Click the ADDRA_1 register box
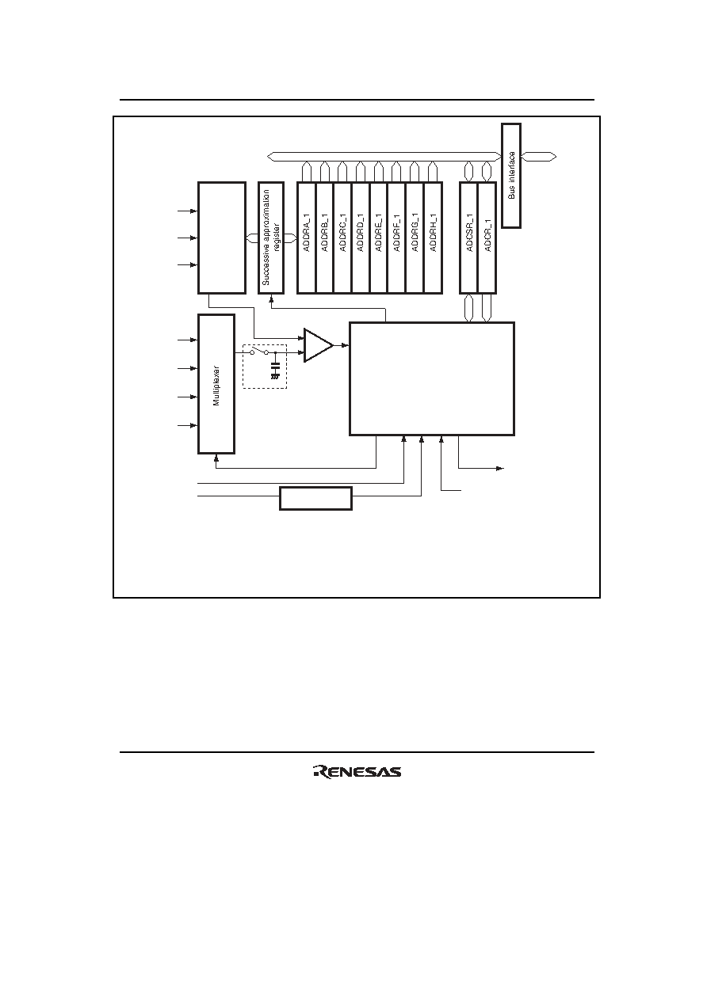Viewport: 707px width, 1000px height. pos(307,238)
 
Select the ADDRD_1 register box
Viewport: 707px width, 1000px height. pos(361,238)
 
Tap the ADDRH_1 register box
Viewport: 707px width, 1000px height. pos(433,238)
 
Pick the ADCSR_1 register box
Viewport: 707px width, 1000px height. pos(469,238)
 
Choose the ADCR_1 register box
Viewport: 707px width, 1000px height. pos(487,238)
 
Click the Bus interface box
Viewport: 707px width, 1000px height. pos(511,176)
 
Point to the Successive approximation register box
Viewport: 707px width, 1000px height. pos(271,238)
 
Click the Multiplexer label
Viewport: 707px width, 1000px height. pos(216,386)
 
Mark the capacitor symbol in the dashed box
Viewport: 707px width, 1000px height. pos(275,371)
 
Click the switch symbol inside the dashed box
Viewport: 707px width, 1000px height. pos(259,352)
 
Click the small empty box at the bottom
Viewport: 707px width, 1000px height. pos(316,498)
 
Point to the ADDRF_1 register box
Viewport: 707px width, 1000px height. pos(397,238)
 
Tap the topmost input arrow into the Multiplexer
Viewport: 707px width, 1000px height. pos(187,340)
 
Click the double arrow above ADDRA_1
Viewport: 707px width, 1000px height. pos(307,172)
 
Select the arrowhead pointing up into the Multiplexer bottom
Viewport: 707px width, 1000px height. pos(216,457)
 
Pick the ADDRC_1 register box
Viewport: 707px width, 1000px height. pos(342,238)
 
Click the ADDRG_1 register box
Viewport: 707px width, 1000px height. pos(415,238)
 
